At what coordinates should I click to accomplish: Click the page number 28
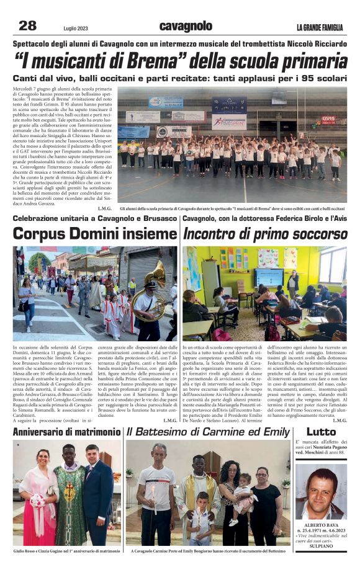click(28, 25)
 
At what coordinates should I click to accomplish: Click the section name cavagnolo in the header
click(186, 26)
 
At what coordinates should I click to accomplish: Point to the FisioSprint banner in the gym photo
click(228, 122)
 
